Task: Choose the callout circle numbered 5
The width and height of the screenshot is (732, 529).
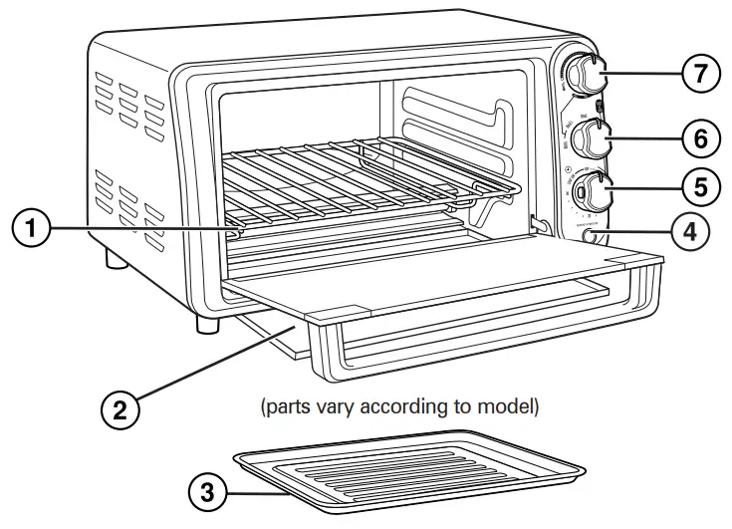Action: (x=700, y=184)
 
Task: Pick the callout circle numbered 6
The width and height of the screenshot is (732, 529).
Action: (x=700, y=138)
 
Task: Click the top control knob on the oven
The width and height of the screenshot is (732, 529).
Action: (x=588, y=74)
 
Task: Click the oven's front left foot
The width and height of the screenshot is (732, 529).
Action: (x=206, y=324)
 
